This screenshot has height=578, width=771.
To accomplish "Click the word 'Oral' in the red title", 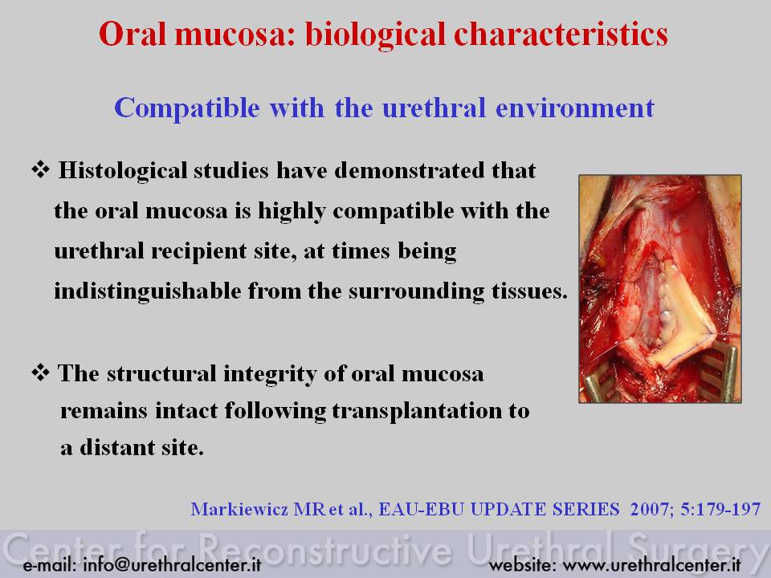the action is click(133, 34).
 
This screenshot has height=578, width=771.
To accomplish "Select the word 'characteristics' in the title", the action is click(561, 34).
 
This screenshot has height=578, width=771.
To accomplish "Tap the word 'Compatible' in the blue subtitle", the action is click(187, 108).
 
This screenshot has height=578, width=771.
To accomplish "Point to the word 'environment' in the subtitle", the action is click(575, 108).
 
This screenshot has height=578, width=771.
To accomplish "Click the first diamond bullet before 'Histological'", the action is click(40, 169).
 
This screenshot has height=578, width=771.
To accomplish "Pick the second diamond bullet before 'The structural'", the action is click(40, 372).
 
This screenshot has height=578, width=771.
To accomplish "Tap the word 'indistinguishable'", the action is click(148, 291).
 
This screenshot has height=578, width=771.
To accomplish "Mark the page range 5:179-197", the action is click(720, 509).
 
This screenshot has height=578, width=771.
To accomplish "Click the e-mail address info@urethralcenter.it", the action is click(172, 565).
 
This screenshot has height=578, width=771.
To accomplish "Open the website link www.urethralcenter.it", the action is click(651, 565).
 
